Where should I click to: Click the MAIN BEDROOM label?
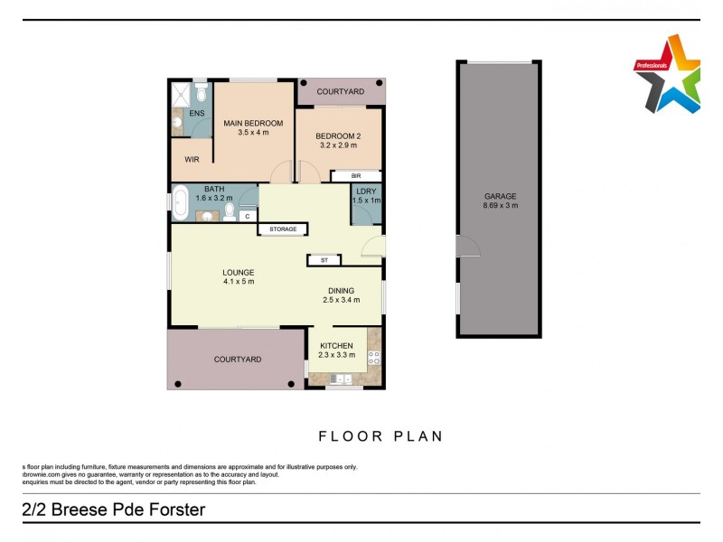click(254, 123)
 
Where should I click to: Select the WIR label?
click(192, 159)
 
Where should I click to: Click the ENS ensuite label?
click(196, 113)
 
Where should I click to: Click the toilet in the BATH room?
click(230, 211)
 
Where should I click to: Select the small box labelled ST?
click(324, 260)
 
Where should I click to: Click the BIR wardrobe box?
click(356, 176)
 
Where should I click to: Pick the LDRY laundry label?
click(366, 191)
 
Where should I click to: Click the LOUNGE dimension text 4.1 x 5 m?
click(239, 282)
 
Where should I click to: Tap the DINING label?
click(342, 290)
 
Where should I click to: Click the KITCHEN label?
click(336, 345)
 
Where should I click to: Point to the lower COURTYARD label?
click(238, 360)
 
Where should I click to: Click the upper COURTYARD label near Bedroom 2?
click(342, 92)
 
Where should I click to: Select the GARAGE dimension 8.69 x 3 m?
click(500, 205)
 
